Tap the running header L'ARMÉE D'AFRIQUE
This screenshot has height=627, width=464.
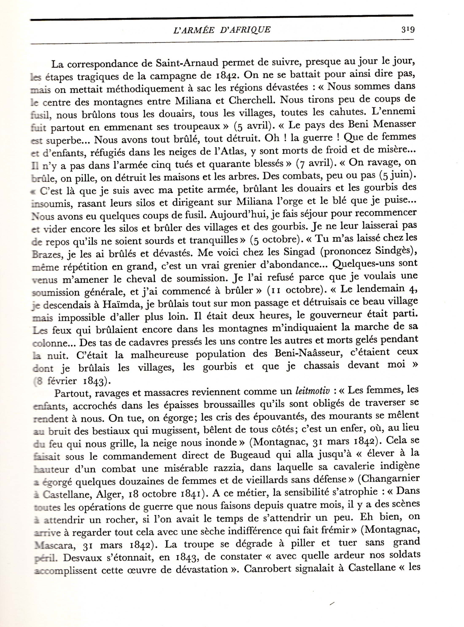[222, 30]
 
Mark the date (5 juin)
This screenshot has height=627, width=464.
[397, 175]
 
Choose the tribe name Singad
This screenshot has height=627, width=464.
[299, 252]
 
